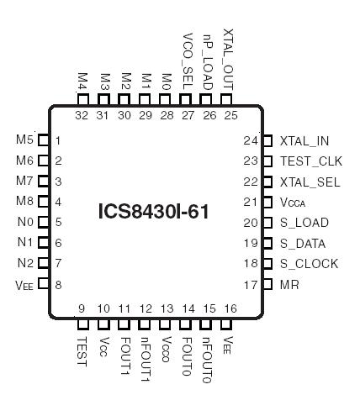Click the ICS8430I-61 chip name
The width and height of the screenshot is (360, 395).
[x=153, y=210]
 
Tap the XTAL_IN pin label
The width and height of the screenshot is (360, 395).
[x=304, y=141]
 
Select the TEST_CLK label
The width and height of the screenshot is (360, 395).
[x=310, y=161]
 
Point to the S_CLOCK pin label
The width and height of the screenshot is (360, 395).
[x=309, y=264]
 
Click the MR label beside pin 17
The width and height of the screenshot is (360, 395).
[x=289, y=285]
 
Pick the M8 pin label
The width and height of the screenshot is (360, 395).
[x=24, y=202]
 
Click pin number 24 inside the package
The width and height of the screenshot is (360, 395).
[x=250, y=141]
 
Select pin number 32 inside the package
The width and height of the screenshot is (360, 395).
[x=82, y=114]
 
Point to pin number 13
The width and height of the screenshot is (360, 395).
[x=166, y=309]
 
